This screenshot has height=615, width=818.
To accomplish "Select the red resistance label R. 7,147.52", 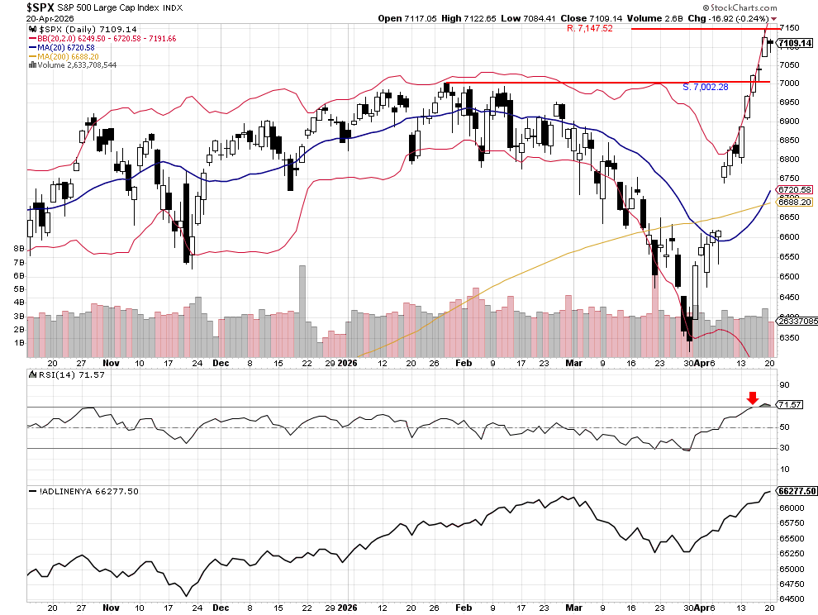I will tap(589, 28).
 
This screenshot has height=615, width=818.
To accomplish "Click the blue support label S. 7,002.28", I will tap(705, 87).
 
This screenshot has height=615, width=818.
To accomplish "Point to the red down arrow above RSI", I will tap(752, 398).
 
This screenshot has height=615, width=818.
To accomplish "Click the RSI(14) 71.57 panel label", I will tap(59, 376).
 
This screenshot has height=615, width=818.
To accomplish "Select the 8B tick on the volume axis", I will tap(17, 248).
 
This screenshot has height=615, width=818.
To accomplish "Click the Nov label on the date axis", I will tap(111, 363).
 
